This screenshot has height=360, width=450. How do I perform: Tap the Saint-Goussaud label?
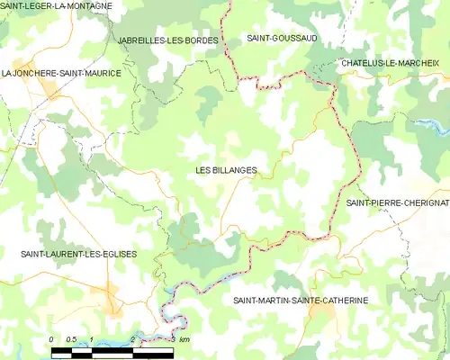point(281,39)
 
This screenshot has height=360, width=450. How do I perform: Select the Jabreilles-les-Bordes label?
point(168,41)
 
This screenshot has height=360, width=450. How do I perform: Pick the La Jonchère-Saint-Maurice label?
point(61,73)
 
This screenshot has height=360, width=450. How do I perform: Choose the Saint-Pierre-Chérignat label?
point(397,203)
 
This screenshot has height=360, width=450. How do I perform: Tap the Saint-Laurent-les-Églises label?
point(79,255)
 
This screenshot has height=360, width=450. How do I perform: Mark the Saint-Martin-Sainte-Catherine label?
point(301,300)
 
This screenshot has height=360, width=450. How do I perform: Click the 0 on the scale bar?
point(52,339)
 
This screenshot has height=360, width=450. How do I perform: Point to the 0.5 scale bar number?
point(72,339)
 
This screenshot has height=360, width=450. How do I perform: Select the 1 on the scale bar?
point(92,339)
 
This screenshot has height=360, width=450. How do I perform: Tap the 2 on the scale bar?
point(132,339)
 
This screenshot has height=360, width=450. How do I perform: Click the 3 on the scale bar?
point(172,339)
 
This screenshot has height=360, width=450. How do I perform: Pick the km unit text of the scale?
point(184,339)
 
